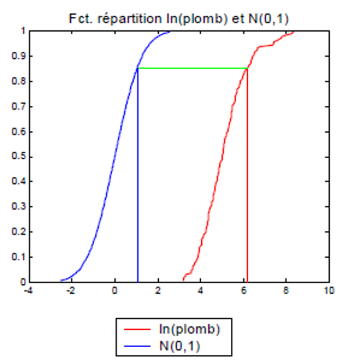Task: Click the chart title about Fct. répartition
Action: (179, 19)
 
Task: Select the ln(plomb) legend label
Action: (190, 329)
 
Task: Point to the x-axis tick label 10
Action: (330, 291)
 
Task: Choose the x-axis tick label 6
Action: (244, 291)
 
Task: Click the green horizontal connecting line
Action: (192, 69)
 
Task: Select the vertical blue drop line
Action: (138, 174)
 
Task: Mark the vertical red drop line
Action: (248, 174)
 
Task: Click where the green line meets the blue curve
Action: (138, 69)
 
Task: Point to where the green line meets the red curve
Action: (248, 69)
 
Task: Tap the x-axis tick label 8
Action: (287, 291)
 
